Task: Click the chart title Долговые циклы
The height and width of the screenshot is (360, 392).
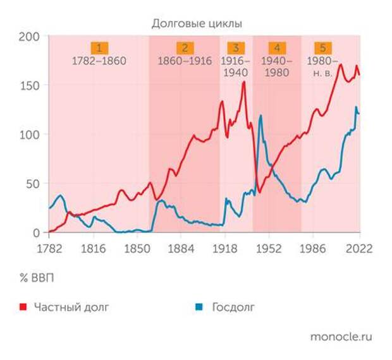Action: (x=197, y=23)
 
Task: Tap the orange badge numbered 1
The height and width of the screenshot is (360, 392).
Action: (x=99, y=48)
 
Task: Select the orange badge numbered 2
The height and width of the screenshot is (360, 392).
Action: (x=185, y=48)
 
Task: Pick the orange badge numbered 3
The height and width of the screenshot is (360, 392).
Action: (x=235, y=48)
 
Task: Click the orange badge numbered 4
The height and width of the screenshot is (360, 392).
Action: (x=277, y=48)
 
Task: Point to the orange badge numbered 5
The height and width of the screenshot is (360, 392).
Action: (x=323, y=48)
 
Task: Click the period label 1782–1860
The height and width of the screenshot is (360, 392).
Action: (x=99, y=61)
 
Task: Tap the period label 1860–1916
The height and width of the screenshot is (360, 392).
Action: (x=185, y=61)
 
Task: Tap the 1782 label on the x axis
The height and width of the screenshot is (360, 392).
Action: (x=49, y=248)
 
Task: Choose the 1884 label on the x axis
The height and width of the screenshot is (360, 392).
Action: (x=181, y=248)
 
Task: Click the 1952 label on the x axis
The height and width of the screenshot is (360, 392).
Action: (x=269, y=248)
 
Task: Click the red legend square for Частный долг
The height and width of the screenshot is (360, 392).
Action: (x=23, y=308)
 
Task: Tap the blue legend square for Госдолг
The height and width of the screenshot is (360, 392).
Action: (x=199, y=308)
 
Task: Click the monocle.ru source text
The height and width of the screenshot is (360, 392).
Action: (x=341, y=336)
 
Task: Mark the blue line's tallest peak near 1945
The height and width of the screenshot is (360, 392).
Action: (x=260, y=116)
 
